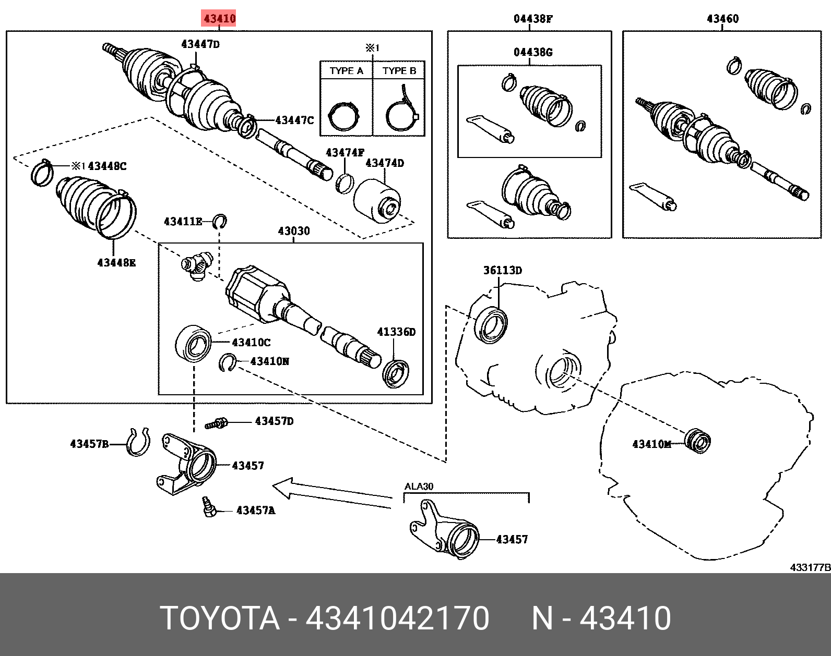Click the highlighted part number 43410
219,19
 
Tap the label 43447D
200,44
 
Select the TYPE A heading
346,71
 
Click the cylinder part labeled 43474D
377,201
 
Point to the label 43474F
345,153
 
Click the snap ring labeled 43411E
220,222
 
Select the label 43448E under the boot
116,263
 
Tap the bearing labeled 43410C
193,343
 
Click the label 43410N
269,361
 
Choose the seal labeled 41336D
396,373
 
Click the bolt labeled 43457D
216,423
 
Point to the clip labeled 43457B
138,442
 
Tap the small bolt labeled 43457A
209,507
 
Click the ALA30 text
419,487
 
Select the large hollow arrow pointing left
329,493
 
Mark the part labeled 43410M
697,441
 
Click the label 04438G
532,52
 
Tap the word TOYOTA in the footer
219,618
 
